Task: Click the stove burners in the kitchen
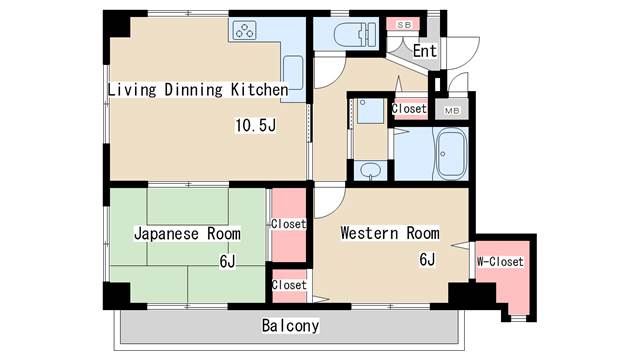coord(244,31)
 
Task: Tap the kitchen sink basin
coord(293,72)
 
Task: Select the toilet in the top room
coord(355,34)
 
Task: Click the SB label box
coord(403,24)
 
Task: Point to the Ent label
coord(424,51)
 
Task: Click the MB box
coord(452,110)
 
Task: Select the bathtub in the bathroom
coord(451,153)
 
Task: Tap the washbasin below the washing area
coord(371,170)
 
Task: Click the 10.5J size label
coord(256,125)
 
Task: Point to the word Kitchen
coord(260,89)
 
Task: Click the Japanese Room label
coord(187,234)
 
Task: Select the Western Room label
coord(390,233)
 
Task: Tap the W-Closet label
coord(500,262)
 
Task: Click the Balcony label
coord(290,325)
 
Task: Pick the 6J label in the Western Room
coord(427,259)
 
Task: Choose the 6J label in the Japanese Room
coord(227,261)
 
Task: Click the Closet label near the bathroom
coord(409,109)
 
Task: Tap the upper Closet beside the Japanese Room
coord(289,224)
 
